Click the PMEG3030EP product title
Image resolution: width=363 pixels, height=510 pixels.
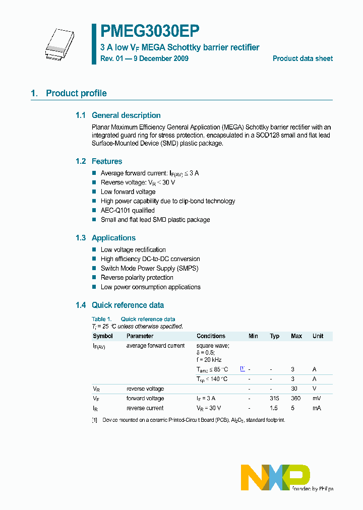click(150, 31)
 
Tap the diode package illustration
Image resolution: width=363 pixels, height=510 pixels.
click(58, 43)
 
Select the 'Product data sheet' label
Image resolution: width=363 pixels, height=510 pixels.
click(302, 58)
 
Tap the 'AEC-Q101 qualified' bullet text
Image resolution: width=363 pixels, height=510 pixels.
click(128, 210)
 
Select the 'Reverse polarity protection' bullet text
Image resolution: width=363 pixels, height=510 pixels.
click(137, 278)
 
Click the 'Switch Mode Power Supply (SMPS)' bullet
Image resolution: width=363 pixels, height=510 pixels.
click(149, 268)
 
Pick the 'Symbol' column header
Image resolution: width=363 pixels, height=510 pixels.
click(103, 336)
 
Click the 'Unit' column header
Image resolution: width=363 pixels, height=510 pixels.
click(318, 336)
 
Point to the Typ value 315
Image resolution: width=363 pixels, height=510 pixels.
click(274, 399)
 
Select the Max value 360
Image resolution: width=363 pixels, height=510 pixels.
click(296, 399)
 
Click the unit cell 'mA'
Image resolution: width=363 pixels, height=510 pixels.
click(317, 408)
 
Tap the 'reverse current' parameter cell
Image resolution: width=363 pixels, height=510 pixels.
click(145, 408)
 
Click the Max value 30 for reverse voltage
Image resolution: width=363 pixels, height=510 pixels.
click(294, 389)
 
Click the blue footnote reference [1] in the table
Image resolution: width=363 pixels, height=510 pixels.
click(243, 369)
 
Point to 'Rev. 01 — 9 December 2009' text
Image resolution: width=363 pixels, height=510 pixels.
click(145, 58)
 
